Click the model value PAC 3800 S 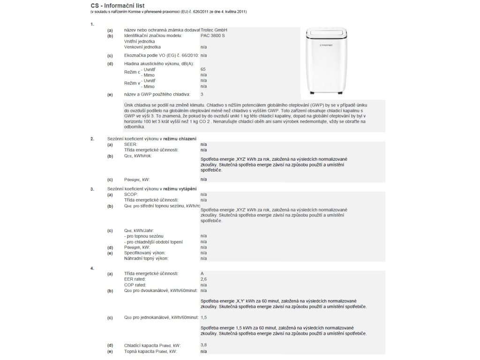pos(212,36)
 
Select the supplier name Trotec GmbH pos(214,30)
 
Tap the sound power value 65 pos(203,69)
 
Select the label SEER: pos(130,144)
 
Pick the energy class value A pos(202,273)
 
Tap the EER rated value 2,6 pos(203,279)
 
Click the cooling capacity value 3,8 pos(203,345)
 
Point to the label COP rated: pos(135,285)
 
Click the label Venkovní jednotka pos(142,47)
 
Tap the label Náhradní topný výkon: pos(146,258)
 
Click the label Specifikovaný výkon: pos(144,253)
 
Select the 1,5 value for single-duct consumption pos(203,318)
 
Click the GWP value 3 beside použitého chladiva pos(202,94)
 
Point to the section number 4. pos(92,268)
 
